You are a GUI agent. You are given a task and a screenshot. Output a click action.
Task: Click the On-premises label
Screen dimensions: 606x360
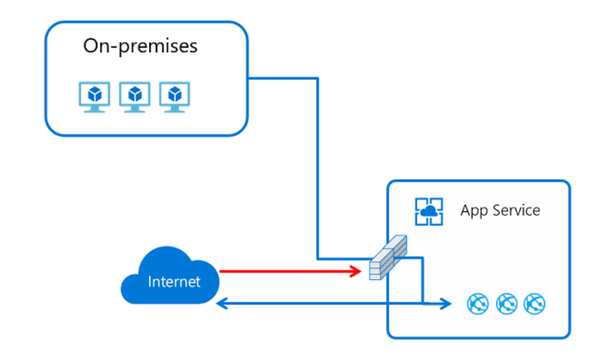tap(140, 46)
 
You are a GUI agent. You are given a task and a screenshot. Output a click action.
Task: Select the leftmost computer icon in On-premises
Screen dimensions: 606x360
tap(95, 97)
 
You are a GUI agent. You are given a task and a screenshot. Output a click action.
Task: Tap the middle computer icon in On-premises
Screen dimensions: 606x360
tap(135, 97)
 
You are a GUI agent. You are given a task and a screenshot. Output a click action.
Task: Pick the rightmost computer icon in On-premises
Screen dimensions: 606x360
tap(174, 97)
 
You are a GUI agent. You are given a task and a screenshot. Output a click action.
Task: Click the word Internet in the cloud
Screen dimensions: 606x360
tap(174, 282)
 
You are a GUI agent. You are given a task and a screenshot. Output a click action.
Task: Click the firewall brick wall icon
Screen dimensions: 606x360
tap(388, 257)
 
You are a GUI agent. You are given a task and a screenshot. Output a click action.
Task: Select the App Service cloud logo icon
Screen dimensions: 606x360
tap(429, 211)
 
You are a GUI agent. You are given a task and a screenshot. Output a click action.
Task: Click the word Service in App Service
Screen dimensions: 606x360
tap(516, 211)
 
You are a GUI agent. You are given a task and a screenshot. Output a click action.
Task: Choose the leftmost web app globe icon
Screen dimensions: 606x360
tap(478, 304)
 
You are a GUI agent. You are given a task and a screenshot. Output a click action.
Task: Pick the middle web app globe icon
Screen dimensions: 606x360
tap(507, 304)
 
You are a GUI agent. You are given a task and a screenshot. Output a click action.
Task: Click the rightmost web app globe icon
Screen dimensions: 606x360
tap(535, 304)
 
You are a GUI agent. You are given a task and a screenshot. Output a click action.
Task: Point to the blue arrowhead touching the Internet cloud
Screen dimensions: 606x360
tap(221, 304)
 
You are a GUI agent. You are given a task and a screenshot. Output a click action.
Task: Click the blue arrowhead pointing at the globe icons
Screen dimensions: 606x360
tap(445, 304)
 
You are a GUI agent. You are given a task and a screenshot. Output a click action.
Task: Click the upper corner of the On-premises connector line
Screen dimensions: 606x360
tap(317, 79)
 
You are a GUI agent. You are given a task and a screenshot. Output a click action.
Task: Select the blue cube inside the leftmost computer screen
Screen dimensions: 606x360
tap(95, 94)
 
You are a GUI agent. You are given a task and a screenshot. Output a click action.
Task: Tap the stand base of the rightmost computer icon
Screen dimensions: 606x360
tap(174, 111)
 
